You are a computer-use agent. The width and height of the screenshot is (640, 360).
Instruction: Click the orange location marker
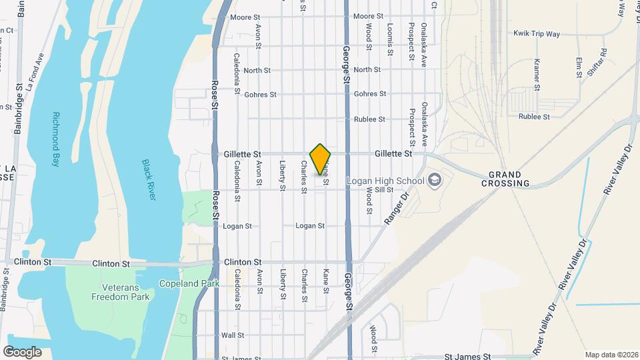[x=321, y=159]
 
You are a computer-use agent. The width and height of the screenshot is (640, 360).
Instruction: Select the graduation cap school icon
[x=434, y=180]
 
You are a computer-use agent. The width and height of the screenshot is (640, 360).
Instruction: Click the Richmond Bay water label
[x=59, y=139]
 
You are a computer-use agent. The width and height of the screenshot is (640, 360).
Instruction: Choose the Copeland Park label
[x=184, y=283]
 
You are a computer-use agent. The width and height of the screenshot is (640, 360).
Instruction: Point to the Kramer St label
[x=536, y=74]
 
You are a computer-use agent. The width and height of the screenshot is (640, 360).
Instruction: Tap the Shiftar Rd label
[x=597, y=63]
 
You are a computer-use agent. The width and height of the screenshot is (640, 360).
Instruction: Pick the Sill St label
[x=383, y=190]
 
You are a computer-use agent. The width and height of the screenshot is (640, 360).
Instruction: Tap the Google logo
[x=22, y=351]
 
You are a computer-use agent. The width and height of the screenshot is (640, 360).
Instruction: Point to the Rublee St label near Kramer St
[x=534, y=117]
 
